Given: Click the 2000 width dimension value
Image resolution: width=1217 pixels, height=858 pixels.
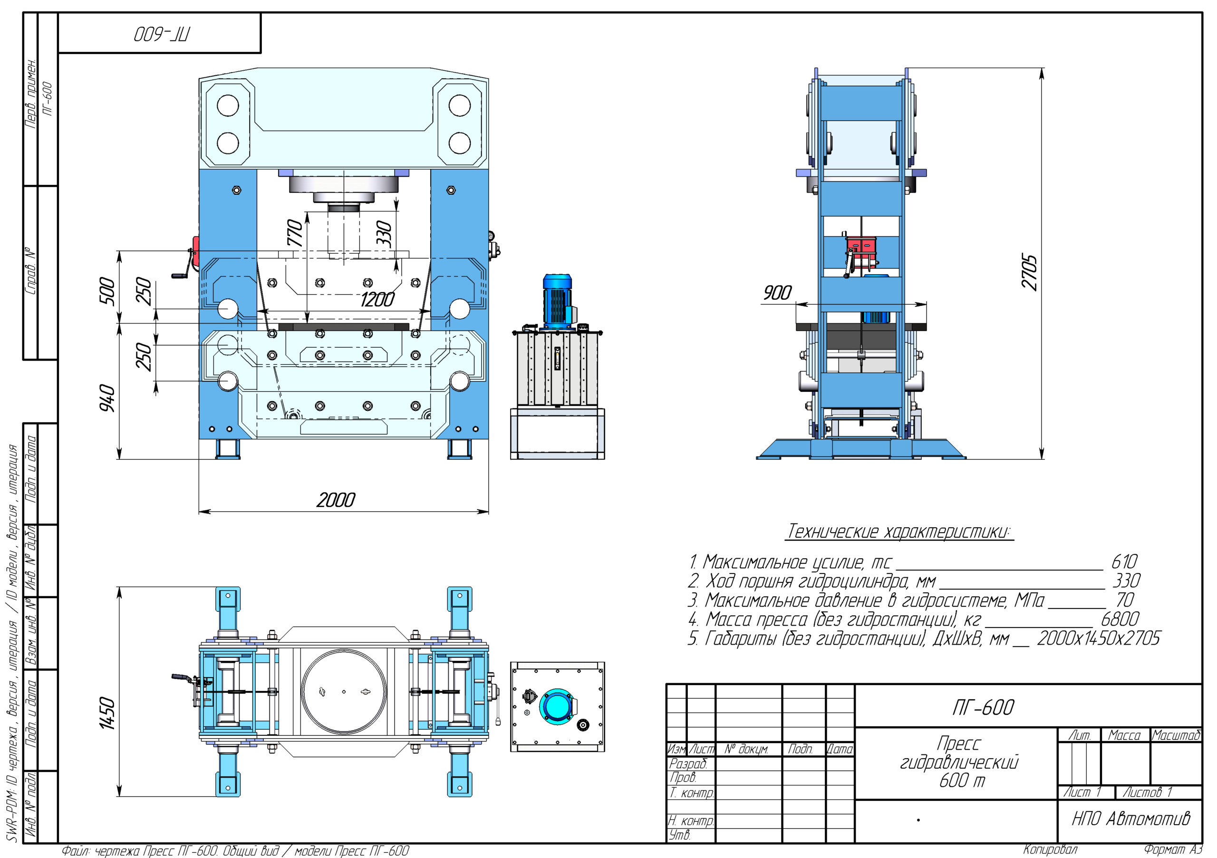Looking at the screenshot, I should (x=336, y=500).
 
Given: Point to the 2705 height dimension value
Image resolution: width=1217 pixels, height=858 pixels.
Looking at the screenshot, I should (x=1029, y=272).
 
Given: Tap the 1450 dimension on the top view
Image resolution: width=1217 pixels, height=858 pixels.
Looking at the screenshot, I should (x=107, y=713).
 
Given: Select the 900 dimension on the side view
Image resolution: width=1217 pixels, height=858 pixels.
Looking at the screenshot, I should (x=777, y=293).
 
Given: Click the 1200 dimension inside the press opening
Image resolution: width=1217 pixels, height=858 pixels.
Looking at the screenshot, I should (x=377, y=300).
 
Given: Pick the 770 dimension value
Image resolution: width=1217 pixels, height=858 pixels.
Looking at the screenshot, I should (x=295, y=233).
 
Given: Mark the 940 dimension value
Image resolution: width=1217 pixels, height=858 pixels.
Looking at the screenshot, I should (x=107, y=398).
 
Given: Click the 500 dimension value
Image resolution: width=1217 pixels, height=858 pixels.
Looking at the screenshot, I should (x=107, y=291).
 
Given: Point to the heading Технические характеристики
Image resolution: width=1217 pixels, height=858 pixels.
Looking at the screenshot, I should (x=899, y=531).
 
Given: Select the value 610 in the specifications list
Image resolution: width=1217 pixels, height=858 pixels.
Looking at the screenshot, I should (x=1124, y=562).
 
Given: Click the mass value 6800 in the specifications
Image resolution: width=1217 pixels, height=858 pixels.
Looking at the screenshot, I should (x=1120, y=619).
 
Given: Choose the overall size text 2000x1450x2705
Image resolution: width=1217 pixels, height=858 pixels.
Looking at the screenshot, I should (x=1098, y=639).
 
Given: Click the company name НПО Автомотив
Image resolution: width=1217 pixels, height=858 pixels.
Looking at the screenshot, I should (x=1130, y=819).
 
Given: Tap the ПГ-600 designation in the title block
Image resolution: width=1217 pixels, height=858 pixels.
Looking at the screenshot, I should (x=983, y=707).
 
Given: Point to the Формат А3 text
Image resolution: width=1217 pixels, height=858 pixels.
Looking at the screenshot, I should (x=1172, y=850).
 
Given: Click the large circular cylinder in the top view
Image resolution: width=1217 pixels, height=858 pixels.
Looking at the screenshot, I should (x=344, y=692).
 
